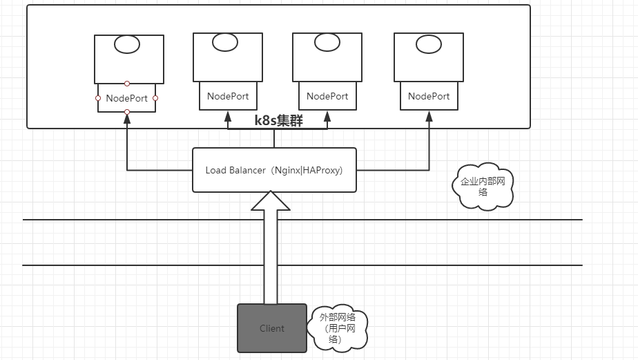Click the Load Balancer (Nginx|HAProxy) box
(274, 170)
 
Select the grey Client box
(271, 328)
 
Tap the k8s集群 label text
(278, 120)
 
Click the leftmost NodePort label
(127, 98)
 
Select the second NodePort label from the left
(228, 96)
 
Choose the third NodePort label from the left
(327, 96)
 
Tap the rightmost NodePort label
(429, 96)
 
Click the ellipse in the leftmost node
(127, 46)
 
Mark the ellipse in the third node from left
(327, 42)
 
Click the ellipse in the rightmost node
(429, 44)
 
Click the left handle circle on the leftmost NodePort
(98, 98)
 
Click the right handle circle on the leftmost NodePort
(155, 98)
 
